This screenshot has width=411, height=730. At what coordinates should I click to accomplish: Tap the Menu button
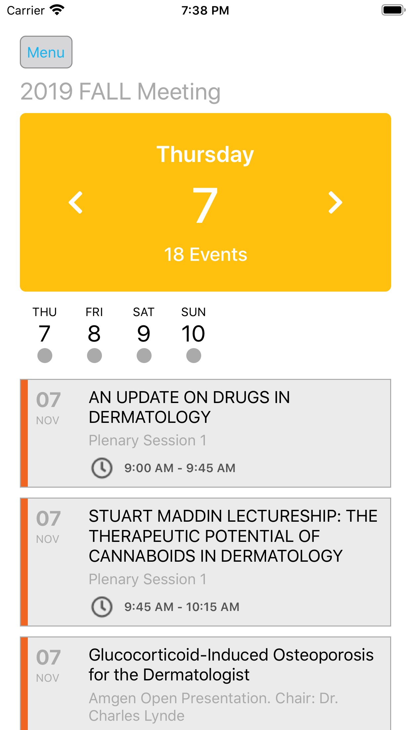[46, 52]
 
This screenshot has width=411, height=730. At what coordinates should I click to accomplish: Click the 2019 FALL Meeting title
[120, 92]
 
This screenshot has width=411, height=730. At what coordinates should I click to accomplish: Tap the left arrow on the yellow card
[75, 202]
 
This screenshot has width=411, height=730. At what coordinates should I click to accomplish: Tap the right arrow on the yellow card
[335, 202]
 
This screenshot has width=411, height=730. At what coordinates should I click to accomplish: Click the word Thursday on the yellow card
[205, 154]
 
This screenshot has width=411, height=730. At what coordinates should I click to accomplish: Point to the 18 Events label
[206, 255]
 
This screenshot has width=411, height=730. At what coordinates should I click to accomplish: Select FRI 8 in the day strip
[94, 325]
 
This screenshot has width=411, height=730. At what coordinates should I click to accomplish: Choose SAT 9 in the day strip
[144, 325]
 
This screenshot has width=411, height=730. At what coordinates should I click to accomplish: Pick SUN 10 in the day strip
[194, 325]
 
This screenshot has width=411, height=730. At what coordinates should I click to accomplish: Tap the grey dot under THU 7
[45, 356]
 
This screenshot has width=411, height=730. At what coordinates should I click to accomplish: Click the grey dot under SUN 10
[194, 356]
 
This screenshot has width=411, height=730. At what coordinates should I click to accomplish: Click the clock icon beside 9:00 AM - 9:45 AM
[102, 468]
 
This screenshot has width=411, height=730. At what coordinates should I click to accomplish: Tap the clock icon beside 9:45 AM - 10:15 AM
[102, 607]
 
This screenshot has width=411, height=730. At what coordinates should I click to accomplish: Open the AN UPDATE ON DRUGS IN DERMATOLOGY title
[189, 407]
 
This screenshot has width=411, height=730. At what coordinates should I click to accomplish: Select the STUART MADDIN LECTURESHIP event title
[233, 536]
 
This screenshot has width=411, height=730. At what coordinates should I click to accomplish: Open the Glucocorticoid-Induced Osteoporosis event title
[231, 665]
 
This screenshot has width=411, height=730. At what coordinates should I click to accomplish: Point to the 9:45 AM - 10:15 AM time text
[182, 607]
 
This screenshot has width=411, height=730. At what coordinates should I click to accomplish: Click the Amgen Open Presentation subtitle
[213, 707]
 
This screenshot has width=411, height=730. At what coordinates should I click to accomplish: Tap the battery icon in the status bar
[393, 10]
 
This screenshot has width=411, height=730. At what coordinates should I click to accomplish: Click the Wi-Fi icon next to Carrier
[57, 10]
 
